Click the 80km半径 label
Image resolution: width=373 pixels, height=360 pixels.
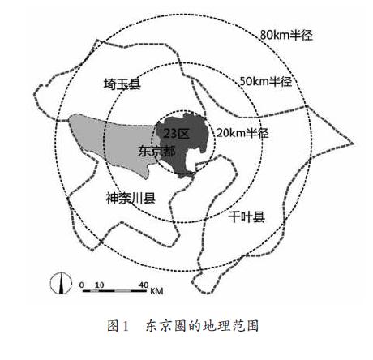click(x=286, y=35)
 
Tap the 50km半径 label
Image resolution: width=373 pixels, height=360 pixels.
click(x=266, y=81)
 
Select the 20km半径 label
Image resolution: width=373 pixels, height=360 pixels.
click(x=242, y=133)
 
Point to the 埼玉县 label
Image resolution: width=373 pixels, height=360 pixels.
click(x=122, y=84)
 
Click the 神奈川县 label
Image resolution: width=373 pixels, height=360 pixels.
click(x=131, y=198)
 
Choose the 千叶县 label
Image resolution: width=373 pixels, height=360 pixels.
click(x=247, y=216)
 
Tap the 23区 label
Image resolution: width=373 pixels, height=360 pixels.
click(x=177, y=134)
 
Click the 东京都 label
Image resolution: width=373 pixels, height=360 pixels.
click(x=156, y=151)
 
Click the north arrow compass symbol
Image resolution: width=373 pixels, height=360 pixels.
click(x=61, y=284)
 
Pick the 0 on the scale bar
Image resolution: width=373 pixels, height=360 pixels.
click(x=81, y=285)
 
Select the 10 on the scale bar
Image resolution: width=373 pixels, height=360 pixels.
click(x=99, y=285)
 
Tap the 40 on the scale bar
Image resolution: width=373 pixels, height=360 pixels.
click(x=144, y=285)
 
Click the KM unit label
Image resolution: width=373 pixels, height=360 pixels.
click(x=156, y=291)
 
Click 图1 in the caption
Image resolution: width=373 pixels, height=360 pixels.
click(x=118, y=325)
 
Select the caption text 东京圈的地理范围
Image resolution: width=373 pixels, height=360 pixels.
click(x=202, y=325)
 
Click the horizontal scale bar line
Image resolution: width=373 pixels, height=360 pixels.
click(x=114, y=291)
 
